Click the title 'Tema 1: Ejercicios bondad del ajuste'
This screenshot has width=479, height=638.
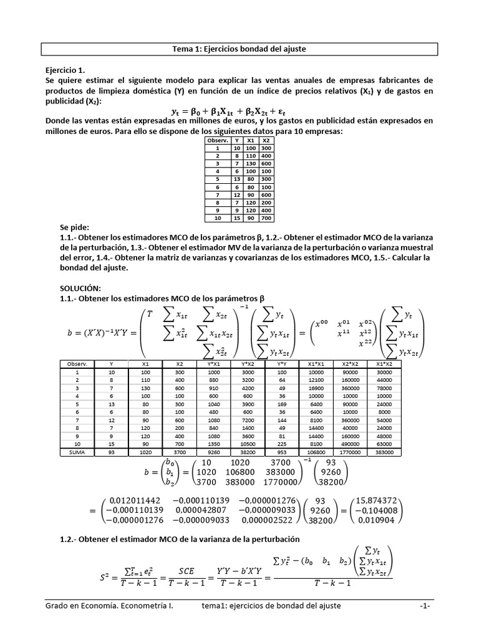point(239,49)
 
